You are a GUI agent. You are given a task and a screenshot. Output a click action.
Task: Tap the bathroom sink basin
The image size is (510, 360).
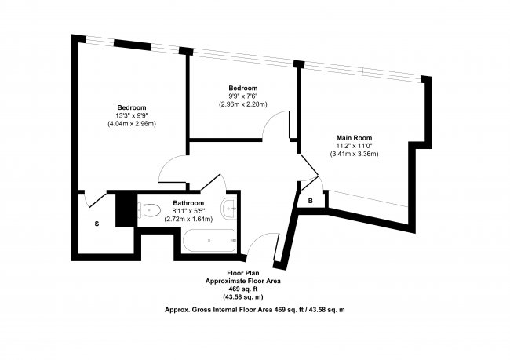(x=229, y=208)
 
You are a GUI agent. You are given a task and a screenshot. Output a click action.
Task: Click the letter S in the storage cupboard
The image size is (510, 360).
(x=97, y=224)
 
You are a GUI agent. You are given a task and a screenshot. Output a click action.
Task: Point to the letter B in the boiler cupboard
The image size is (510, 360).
(x=311, y=201)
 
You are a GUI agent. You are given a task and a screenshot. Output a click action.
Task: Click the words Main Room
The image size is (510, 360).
(x=354, y=138)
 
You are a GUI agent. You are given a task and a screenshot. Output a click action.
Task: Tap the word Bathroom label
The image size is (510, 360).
(x=189, y=202)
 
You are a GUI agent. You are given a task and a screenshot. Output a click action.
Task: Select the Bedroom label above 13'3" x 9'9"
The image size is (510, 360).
(x=132, y=107)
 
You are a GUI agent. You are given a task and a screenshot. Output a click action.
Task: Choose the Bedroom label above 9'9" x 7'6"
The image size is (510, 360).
(x=243, y=88)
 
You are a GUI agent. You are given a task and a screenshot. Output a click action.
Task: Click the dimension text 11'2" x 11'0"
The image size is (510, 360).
(x=354, y=146)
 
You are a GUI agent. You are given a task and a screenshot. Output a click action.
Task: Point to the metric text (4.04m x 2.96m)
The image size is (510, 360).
(x=132, y=124)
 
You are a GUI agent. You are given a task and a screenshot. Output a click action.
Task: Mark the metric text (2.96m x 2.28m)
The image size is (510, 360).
(x=243, y=104)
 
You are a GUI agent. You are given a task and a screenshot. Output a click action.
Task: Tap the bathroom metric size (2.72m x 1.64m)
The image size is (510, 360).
(x=189, y=219)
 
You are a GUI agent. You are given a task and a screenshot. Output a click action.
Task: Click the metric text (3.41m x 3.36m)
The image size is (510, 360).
(x=354, y=155)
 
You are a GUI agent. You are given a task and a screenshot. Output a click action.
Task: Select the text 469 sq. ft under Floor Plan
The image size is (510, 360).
(x=243, y=288)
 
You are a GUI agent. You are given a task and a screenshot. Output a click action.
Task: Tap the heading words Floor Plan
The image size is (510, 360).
(x=243, y=273)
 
